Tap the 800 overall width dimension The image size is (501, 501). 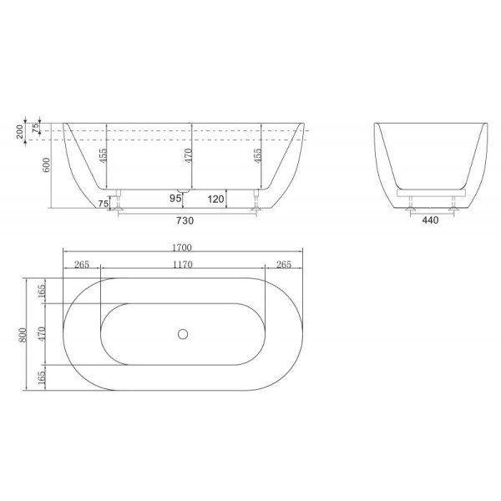tap(25, 335)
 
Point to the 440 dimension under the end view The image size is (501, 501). tap(429, 221)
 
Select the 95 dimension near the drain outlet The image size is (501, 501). tap(176, 199)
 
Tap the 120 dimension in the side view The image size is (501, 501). tap(215, 199)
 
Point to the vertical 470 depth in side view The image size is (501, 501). tap(189, 159)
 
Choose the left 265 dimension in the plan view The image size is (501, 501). tap(82, 265)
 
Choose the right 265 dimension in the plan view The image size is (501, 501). tap(283, 265)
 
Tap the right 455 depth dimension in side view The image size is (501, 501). tap(259, 158)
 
